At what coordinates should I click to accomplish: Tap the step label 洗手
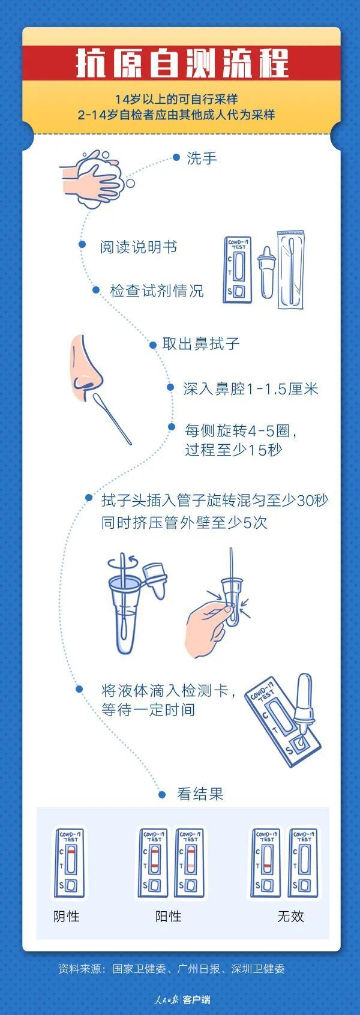pos(202,158)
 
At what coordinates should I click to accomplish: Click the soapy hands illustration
pos(95,178)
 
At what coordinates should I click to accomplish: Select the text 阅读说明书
pos(139,247)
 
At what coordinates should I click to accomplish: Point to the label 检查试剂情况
pos(157,291)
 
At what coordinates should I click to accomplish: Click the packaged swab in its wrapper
pos(290,270)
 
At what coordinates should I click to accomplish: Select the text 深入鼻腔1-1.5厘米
pos(250,389)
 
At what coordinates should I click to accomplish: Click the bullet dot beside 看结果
pos(162,795)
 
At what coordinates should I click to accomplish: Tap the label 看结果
pos(200,795)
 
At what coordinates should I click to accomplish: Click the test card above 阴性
pos(69,864)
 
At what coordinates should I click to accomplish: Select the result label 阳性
pos(168,917)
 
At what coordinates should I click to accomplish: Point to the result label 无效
pos(290,917)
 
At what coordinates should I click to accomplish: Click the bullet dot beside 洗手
pos(176,157)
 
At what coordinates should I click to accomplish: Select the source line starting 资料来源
pos(172,969)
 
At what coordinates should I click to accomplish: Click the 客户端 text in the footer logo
pos(197,1000)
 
